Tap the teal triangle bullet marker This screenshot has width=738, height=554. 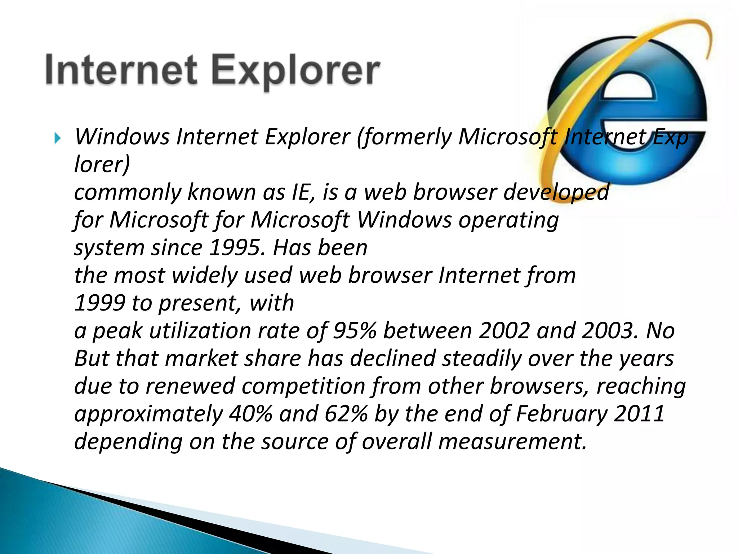pyautogui.click(x=58, y=138)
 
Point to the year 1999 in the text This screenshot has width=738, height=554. pyautogui.click(x=100, y=303)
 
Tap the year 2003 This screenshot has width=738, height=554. pyautogui.click(x=609, y=331)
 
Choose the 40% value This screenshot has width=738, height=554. pyautogui.click(x=251, y=414)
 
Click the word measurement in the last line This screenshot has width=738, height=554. pyautogui.click(x=510, y=442)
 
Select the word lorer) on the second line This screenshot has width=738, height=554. pyautogui.click(x=102, y=165)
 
